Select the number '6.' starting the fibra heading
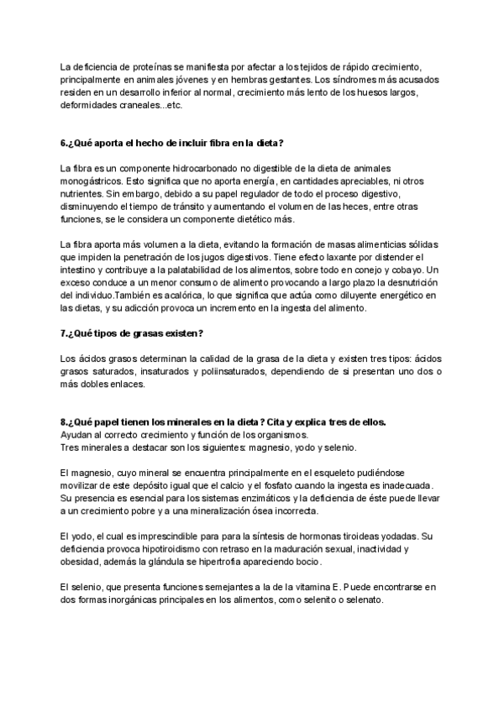65,141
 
